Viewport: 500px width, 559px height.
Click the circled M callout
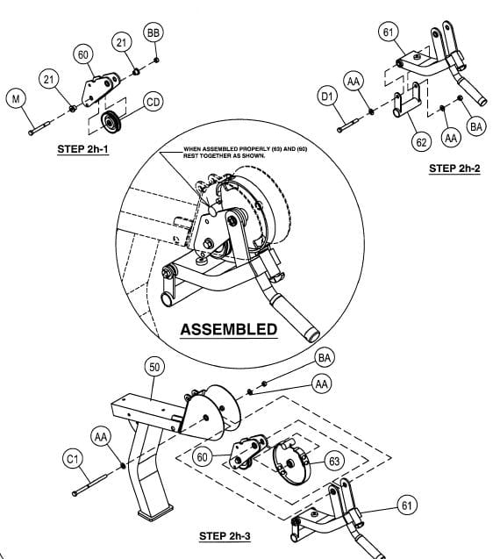pyautogui.click(x=14, y=99)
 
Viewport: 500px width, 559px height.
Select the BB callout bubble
pyautogui.click(x=154, y=32)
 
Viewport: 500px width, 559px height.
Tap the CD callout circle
pyautogui.click(x=153, y=103)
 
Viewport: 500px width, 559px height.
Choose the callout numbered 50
pyautogui.click(x=154, y=366)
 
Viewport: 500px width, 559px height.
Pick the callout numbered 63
pyautogui.click(x=334, y=460)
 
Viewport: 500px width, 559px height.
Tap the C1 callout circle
pyautogui.click(x=72, y=459)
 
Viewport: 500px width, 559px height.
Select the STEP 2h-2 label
pyautogui.click(x=454, y=168)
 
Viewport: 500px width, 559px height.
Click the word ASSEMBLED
pyautogui.click(x=228, y=330)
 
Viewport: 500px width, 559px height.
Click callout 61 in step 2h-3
pyautogui.click(x=406, y=505)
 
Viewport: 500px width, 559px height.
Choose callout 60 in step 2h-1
pyautogui.click(x=84, y=54)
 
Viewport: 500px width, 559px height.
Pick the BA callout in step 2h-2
pyautogui.click(x=476, y=127)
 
